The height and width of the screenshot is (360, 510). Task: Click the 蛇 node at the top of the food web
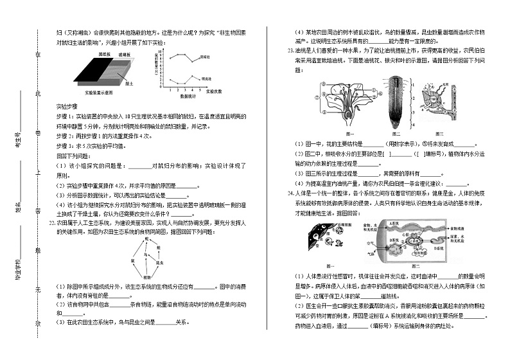point(147,239)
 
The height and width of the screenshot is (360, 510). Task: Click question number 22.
point(52,222)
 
